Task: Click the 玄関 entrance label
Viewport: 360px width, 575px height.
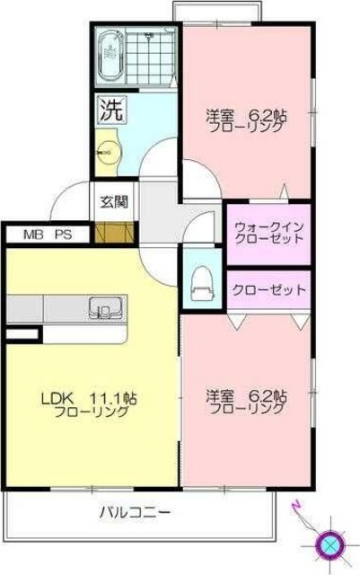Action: (113, 201)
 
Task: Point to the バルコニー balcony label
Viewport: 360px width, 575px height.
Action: (134, 512)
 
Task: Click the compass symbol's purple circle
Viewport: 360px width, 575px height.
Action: (330, 544)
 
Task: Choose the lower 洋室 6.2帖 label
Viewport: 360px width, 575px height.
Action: (246, 401)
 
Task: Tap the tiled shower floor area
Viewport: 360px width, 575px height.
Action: (156, 56)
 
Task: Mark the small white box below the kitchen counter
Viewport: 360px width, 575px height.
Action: (22, 335)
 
